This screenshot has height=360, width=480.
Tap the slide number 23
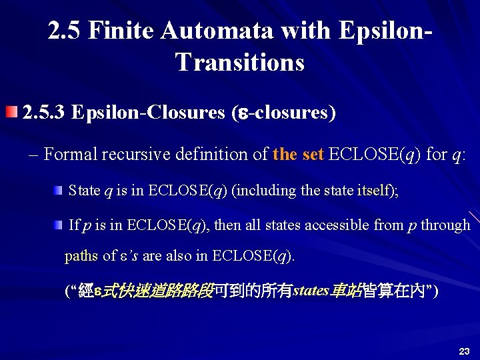pyautogui.click(x=465, y=351)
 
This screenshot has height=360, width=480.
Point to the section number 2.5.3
pyautogui.click(x=45, y=112)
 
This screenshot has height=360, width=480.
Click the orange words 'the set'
pyautogui.click(x=298, y=154)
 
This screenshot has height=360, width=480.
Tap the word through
pyautogui.click(x=446, y=225)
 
